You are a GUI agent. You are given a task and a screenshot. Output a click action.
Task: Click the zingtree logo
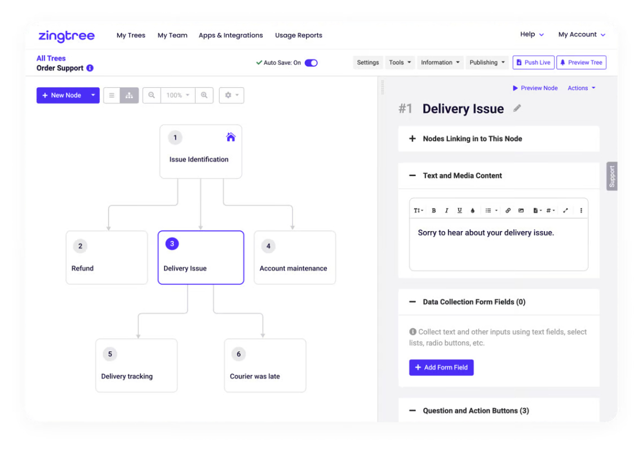coord(66,36)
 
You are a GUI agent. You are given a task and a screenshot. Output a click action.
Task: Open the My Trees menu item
coord(131,36)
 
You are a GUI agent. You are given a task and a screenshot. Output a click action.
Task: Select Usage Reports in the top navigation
coord(299,36)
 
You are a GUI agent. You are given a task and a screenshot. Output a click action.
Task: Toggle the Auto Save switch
coord(311,63)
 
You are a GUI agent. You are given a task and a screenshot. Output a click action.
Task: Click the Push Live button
coord(533,63)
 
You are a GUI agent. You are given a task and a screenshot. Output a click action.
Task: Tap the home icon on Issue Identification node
coord(231,137)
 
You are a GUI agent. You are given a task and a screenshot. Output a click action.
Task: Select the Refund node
coord(107,257)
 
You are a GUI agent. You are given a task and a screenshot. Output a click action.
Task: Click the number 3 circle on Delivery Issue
coord(172,244)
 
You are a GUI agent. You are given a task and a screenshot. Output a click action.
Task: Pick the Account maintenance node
coord(295,257)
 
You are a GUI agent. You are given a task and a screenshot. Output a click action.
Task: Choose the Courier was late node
coord(265,365)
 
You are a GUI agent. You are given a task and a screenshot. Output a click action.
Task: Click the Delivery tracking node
coord(136,365)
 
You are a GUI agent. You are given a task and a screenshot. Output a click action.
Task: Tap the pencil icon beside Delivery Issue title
coord(517,108)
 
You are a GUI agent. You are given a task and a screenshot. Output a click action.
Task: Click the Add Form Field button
coord(441,368)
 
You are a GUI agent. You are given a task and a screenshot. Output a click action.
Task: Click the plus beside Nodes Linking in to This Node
coord(413,139)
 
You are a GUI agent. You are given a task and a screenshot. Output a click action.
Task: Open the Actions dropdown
coord(582,89)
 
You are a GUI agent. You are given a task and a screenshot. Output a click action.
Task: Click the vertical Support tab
coord(612,176)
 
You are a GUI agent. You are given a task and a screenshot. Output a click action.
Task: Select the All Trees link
coord(51,58)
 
